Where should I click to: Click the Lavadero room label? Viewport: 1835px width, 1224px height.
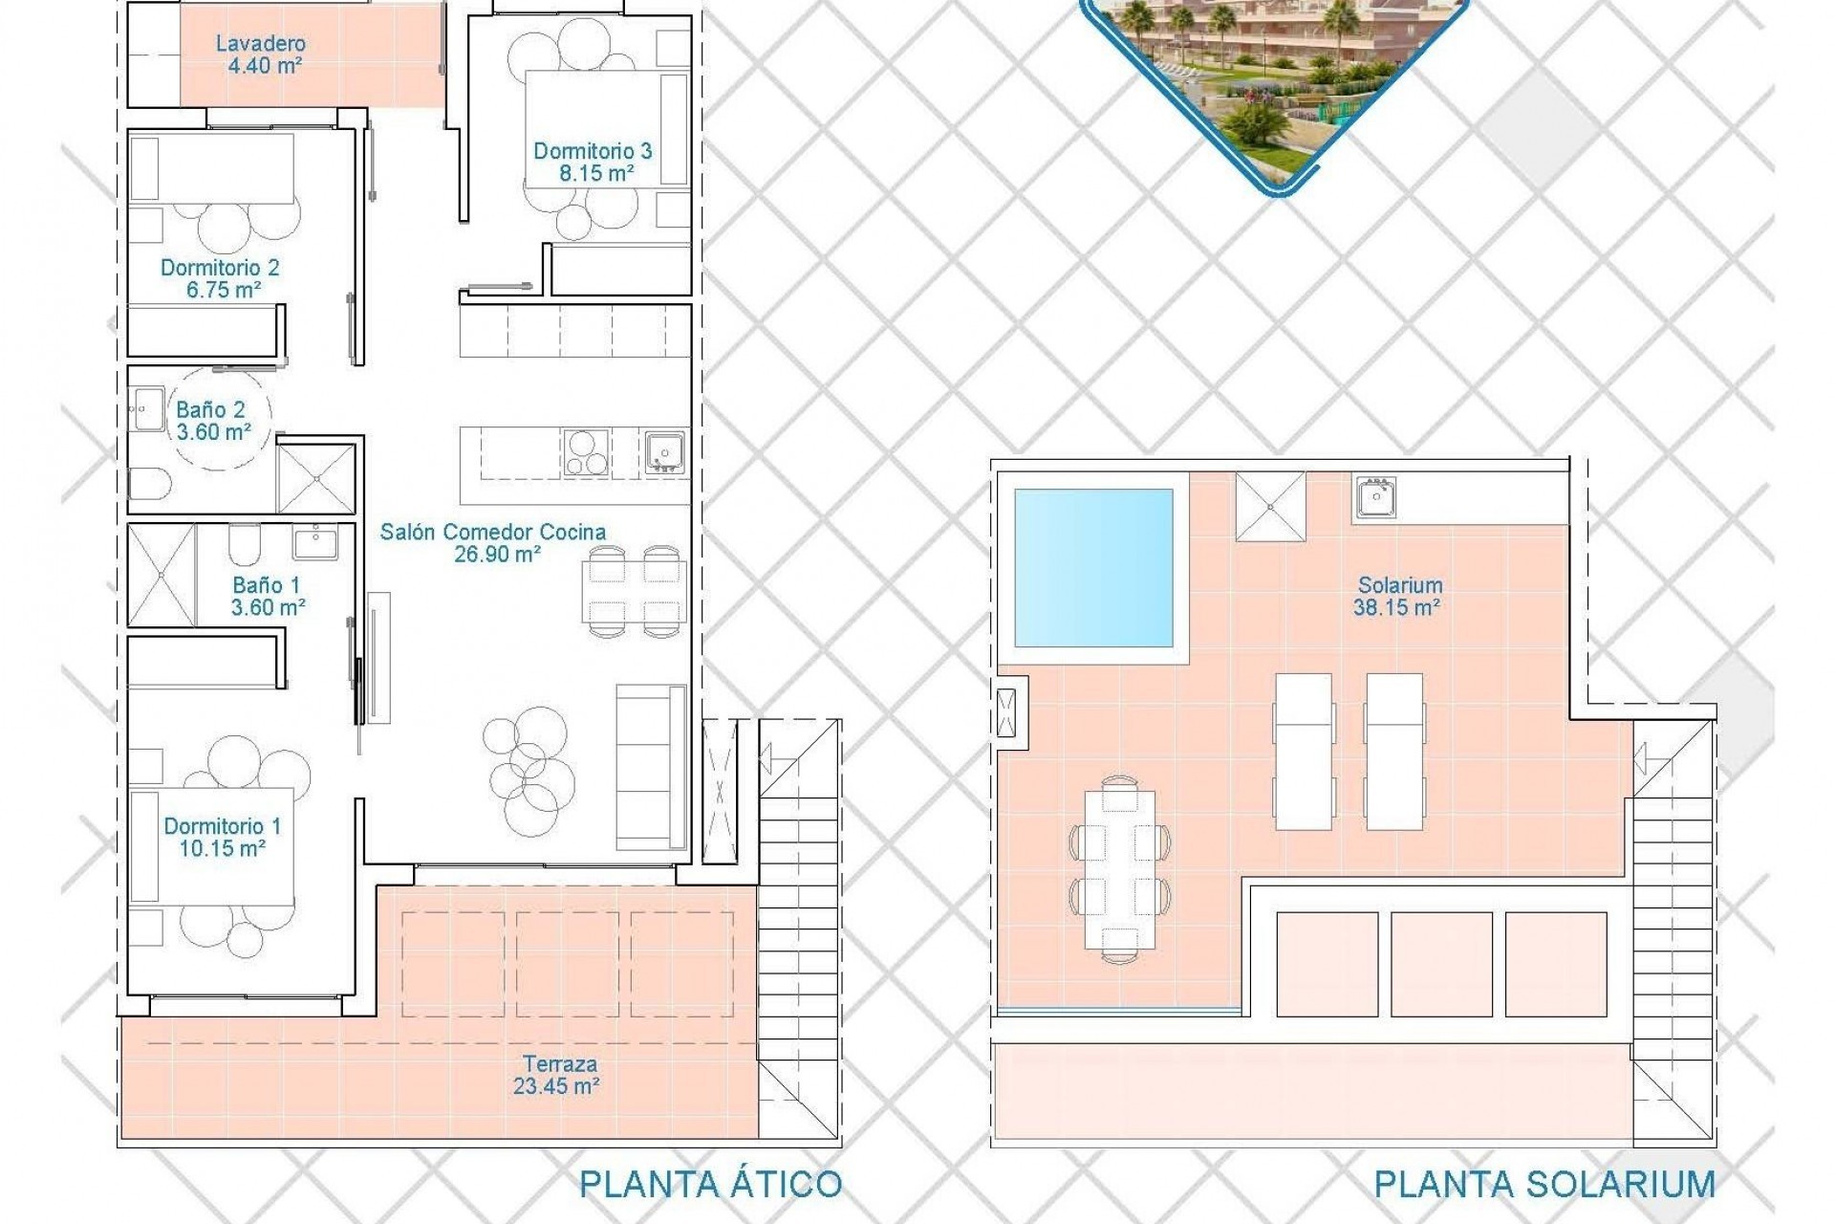[260, 43]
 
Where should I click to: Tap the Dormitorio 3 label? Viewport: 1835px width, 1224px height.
[593, 150]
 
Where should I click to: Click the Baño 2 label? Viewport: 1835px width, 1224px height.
[210, 410]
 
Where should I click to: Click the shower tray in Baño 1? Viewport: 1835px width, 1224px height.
[162, 575]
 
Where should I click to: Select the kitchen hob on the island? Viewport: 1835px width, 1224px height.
[586, 452]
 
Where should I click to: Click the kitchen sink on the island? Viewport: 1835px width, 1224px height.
[664, 452]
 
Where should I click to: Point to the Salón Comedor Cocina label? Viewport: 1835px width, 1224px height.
[492, 532]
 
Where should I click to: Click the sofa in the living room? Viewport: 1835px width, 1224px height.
[651, 767]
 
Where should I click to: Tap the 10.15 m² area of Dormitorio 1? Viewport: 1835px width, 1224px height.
[222, 848]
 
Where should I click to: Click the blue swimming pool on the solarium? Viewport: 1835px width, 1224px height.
[1093, 568]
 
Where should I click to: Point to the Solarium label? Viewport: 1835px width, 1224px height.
[1400, 584]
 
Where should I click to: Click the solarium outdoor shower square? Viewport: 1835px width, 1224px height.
[1270, 507]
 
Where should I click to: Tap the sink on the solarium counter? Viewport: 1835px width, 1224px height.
[1374, 498]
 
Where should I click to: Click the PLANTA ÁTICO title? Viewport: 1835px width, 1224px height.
[710, 1184]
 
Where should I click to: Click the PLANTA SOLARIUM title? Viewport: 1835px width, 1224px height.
[1544, 1184]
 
